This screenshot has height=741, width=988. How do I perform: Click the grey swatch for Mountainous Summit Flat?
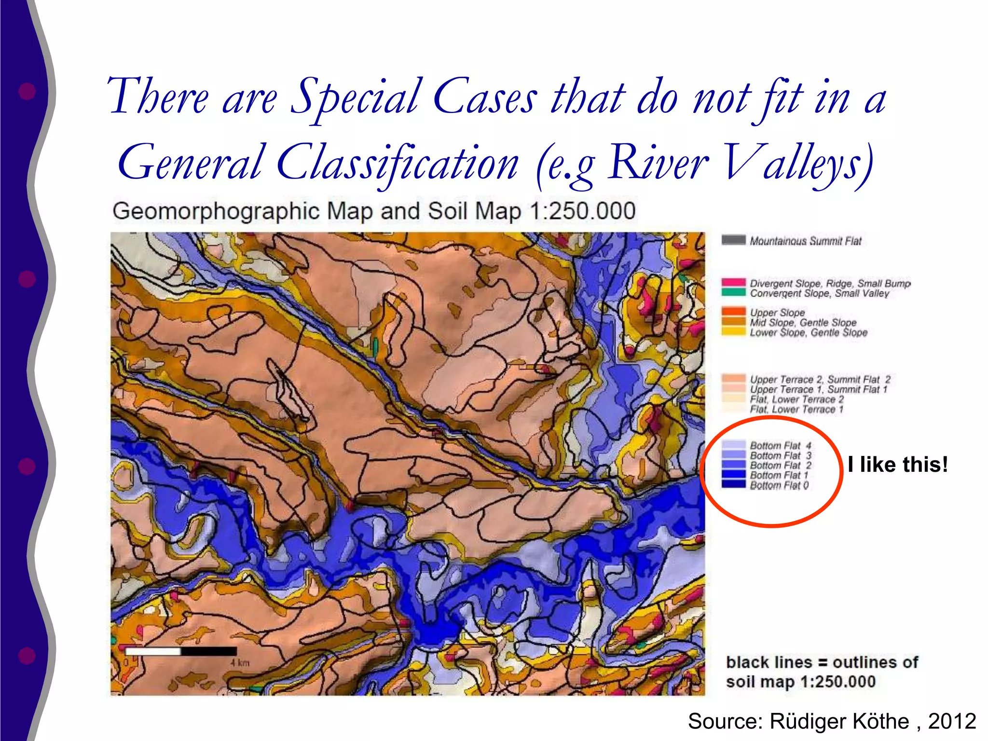coord(733,240)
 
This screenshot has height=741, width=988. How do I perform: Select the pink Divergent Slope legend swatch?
coord(733,282)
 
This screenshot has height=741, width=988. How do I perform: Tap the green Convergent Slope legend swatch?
coord(733,292)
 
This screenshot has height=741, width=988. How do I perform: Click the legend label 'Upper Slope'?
coord(777,313)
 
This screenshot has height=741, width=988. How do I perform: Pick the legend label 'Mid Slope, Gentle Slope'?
coord(803,322)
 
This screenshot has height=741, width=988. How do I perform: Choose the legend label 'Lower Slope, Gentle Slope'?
coord(809,332)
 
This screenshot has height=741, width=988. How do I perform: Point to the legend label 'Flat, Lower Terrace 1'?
coord(796,410)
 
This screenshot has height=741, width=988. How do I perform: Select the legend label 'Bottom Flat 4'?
coord(781,445)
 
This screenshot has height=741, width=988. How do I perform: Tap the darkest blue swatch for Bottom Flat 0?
coord(733,484)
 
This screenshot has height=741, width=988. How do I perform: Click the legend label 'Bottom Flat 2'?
coord(781,466)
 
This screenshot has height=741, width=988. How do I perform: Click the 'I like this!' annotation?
coord(898,465)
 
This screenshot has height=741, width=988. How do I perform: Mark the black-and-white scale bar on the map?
coord(181,651)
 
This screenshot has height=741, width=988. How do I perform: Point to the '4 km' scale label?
coord(240,663)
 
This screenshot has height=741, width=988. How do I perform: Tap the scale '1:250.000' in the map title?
coord(582,211)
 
